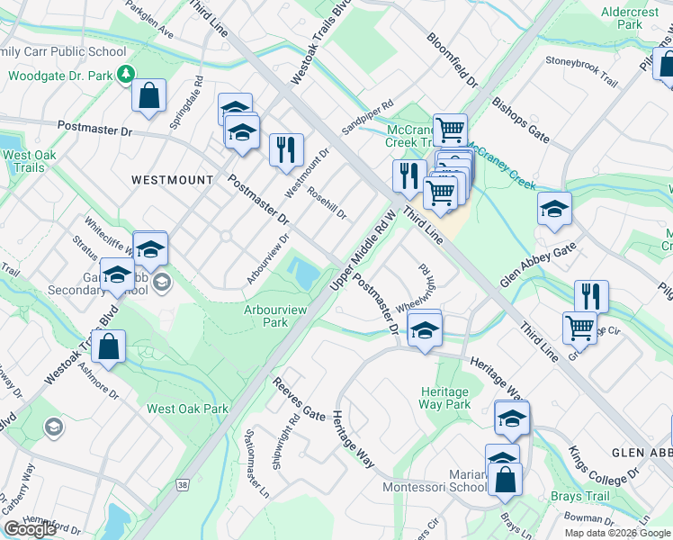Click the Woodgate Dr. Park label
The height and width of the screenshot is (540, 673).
tap(60, 74)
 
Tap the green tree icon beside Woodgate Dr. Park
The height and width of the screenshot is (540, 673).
tap(128, 73)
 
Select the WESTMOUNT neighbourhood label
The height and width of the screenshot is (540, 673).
tap(172, 180)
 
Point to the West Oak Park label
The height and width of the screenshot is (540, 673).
tap(187, 409)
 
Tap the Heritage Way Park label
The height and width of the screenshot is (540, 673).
tap(444, 398)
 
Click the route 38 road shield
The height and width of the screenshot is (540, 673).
tap(184, 485)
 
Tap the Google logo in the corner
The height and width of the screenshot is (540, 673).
tap(30, 529)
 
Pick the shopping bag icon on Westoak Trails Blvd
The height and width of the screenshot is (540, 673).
tap(108, 347)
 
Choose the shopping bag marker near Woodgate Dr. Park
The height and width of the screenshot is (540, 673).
tap(148, 95)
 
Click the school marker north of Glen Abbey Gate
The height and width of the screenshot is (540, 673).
tap(554, 209)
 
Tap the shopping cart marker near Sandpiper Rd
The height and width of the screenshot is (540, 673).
tap(450, 130)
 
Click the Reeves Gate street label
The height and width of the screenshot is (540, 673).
tap(300, 400)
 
